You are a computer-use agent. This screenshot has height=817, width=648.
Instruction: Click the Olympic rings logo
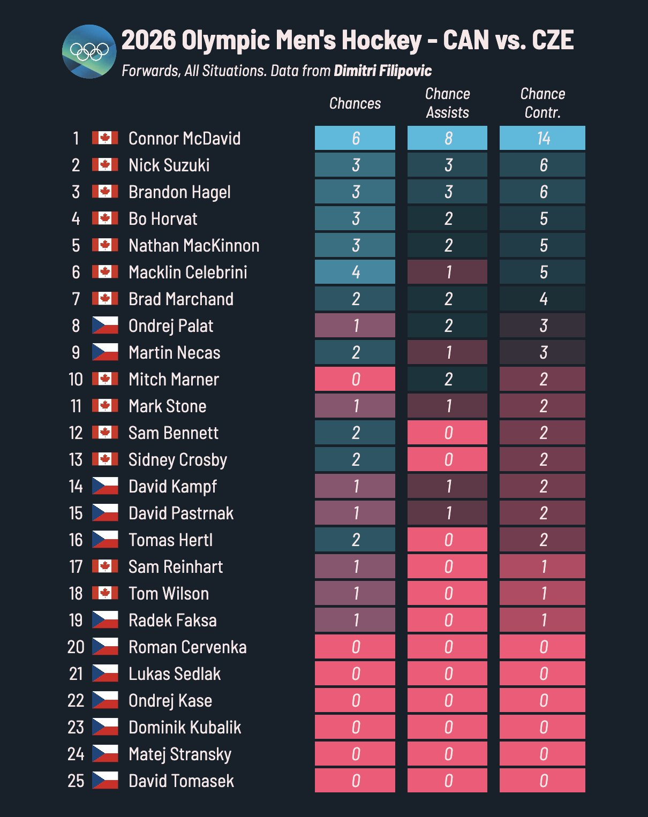tap(89, 51)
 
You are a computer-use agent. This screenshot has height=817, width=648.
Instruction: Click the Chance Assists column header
tap(447, 103)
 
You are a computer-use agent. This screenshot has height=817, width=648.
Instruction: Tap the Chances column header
tap(355, 103)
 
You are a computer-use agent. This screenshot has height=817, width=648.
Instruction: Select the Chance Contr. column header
tap(542, 103)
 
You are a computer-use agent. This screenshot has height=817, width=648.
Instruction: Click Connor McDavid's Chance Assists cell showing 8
tap(448, 138)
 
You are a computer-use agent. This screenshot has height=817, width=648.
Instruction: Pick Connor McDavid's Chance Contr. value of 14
tap(542, 138)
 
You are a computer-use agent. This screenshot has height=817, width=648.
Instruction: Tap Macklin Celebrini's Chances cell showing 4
tap(355, 272)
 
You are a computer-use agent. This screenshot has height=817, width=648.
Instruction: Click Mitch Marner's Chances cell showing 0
tap(355, 379)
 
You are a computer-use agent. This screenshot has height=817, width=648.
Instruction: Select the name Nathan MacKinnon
tap(194, 245)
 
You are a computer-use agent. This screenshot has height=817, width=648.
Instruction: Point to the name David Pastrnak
tap(181, 513)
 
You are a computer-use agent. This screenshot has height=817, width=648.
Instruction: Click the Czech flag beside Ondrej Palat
tap(105, 325)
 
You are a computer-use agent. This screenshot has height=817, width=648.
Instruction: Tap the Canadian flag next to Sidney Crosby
tap(105, 459)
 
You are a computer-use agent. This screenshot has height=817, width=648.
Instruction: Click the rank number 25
tap(76, 781)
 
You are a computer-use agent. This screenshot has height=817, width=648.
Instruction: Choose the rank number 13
tap(76, 459)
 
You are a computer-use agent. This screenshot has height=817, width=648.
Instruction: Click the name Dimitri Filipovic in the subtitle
tap(382, 71)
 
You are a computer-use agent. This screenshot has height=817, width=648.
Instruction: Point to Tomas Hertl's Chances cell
tap(355, 540)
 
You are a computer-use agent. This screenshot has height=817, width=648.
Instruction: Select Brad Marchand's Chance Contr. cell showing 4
tap(542, 299)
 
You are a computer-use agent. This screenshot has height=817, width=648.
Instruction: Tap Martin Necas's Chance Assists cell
tap(448, 352)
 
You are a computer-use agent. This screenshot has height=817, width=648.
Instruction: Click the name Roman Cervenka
tap(187, 647)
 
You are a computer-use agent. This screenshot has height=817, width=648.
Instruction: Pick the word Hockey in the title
tap(382, 40)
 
